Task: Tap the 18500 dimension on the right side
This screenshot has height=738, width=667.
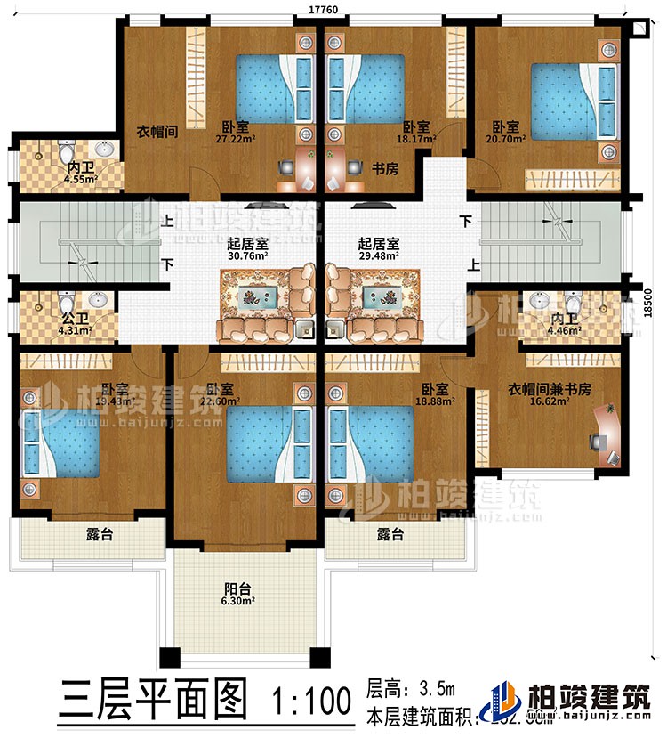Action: pos(655,303)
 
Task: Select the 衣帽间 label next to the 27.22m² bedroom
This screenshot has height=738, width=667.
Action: pos(158,130)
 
